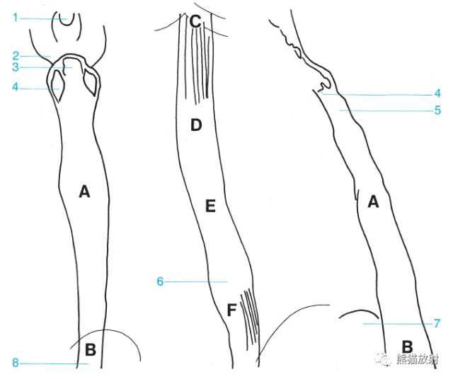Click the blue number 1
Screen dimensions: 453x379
pyautogui.click(x=16, y=18)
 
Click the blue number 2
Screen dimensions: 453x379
pyautogui.click(x=16, y=56)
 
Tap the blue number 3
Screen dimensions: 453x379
pyautogui.click(x=16, y=67)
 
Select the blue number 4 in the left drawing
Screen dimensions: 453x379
pyautogui.click(x=16, y=86)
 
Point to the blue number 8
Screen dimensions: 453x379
pyautogui.click(x=16, y=363)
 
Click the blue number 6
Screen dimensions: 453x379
pyautogui.click(x=160, y=281)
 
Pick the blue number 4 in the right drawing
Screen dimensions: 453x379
pyautogui.click(x=437, y=93)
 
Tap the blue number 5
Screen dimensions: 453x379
pyautogui.click(x=437, y=110)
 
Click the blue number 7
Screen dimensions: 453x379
pyautogui.click(x=437, y=323)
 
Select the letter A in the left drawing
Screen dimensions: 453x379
pyautogui.click(x=84, y=192)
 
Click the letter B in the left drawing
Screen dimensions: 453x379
pyautogui.click(x=91, y=349)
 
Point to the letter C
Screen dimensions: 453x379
pyautogui.click(x=195, y=21)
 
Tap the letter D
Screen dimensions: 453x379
pyautogui.click(x=196, y=125)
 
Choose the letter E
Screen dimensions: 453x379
pyautogui.click(x=210, y=206)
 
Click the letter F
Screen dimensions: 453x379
pyautogui.click(x=231, y=310)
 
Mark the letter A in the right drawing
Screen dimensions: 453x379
pyautogui.click(x=373, y=202)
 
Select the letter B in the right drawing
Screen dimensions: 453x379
pyautogui.click(x=407, y=346)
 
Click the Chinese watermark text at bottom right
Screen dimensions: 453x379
pyautogui.click(x=418, y=360)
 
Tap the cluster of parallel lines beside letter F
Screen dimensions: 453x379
pyautogui.click(x=250, y=317)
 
